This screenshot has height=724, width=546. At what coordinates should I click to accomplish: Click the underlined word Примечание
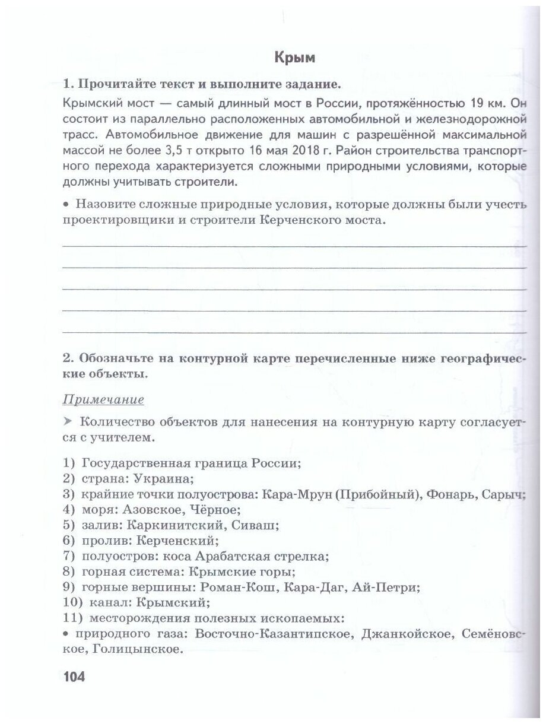(x=103, y=399)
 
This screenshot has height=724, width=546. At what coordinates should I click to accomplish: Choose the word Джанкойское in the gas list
(x=395, y=634)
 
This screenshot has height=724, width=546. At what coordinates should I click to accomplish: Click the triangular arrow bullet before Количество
(x=66, y=422)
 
